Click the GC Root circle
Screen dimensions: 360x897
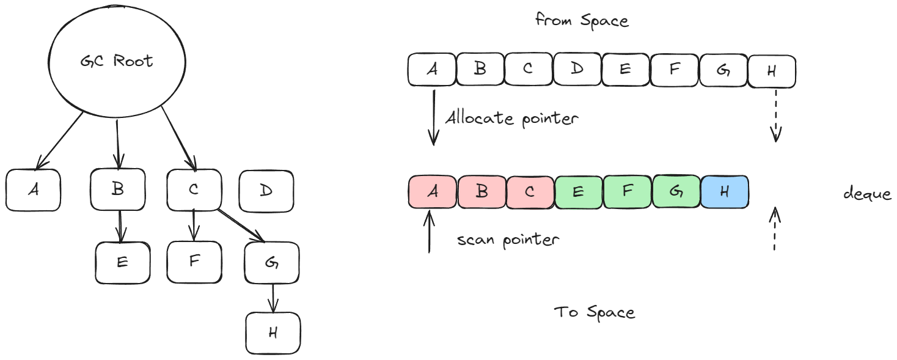[116, 61]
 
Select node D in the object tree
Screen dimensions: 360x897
[266, 191]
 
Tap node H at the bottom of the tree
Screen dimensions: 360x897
[273, 333]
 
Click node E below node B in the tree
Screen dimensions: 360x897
[122, 263]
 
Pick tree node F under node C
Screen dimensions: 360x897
[194, 262]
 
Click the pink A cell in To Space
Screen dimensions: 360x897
[432, 191]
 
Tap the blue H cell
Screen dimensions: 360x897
[725, 191]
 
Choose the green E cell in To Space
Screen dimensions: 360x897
[578, 191]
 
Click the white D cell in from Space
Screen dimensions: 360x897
[577, 68]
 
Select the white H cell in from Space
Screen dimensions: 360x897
[772, 71]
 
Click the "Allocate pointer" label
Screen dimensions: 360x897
[511, 117]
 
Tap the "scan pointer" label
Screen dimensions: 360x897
[508, 240]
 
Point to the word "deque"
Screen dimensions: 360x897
[867, 194]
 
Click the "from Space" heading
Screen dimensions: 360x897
[582, 20]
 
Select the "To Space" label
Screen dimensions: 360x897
[595, 312]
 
